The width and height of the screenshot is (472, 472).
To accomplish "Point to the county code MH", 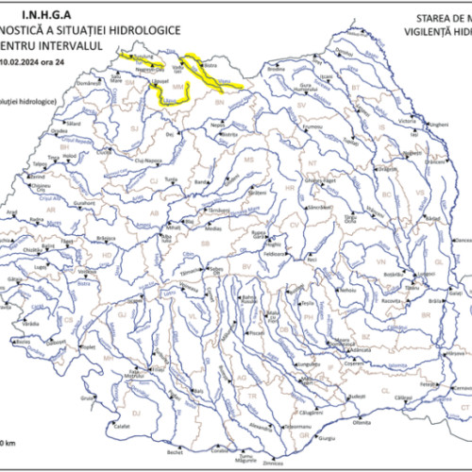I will (x=109, y=359).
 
